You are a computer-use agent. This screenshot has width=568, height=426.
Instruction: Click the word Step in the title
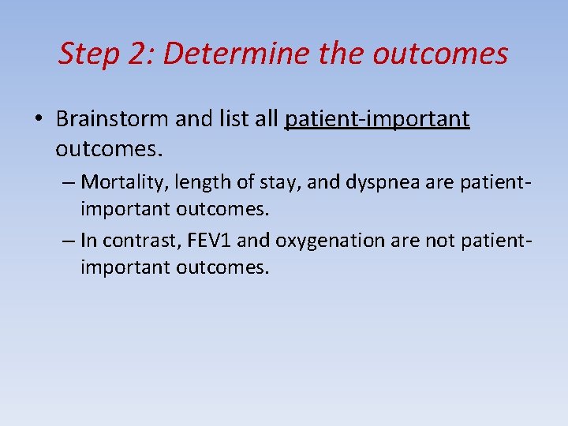coord(88,54)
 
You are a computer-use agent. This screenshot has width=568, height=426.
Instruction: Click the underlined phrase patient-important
coord(377,119)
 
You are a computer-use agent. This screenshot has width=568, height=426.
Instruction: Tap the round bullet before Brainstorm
coord(39,120)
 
